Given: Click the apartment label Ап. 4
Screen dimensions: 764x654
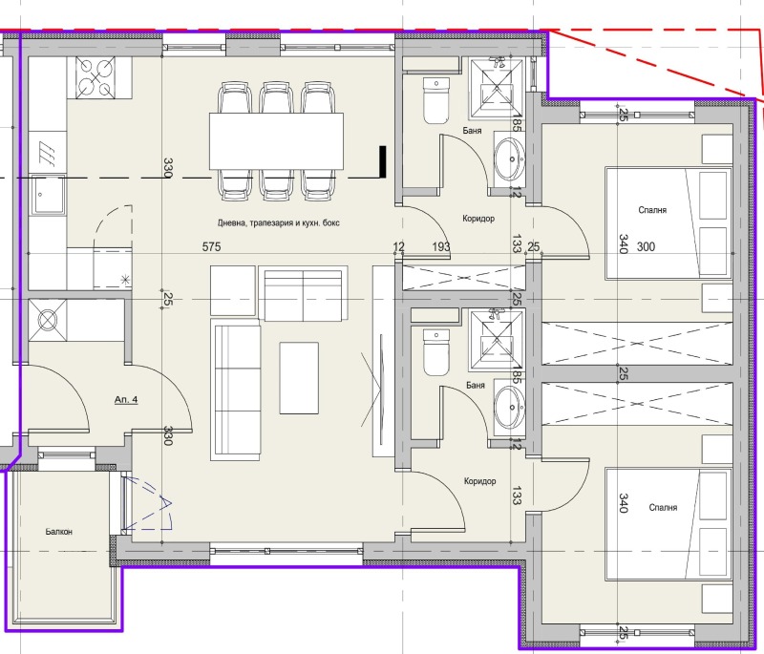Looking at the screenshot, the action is click(126, 400).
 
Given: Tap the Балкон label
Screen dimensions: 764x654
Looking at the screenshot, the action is click(59, 532).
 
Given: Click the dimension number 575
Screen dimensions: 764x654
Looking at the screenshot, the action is click(211, 247).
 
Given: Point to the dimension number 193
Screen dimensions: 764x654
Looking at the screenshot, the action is click(441, 247).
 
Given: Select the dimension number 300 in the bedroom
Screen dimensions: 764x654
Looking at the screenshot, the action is click(647, 247).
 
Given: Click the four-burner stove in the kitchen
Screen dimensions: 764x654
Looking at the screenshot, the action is click(95, 78).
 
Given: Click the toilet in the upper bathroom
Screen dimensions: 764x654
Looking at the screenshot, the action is click(436, 100).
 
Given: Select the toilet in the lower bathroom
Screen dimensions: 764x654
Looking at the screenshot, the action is click(436, 352).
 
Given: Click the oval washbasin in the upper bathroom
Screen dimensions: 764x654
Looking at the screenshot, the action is click(510, 158).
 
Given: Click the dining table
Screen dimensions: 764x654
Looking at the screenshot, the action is click(277, 141).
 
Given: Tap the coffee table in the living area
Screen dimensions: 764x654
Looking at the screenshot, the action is click(299, 378).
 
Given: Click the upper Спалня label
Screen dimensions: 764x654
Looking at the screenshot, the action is click(652, 210).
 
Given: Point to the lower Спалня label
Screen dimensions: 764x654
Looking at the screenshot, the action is click(663, 507).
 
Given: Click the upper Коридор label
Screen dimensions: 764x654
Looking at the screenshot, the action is click(478, 219).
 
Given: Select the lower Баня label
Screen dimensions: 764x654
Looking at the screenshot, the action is click(475, 385).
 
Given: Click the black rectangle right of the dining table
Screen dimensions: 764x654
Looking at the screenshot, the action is click(383, 161).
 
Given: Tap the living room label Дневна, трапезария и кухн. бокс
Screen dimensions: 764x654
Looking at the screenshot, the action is click(278, 223).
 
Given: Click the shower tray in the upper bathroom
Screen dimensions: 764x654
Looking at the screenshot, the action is click(497, 89).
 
